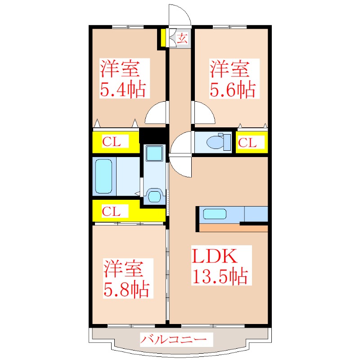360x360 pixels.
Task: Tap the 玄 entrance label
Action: pos(183,38)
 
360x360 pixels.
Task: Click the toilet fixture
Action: pos(218,142)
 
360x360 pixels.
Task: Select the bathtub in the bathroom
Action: pos(104,176)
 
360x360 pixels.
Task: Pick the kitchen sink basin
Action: pos(215,214)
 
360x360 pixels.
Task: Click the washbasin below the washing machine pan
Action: pos(154,196)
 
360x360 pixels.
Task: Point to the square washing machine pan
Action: pos(154,153)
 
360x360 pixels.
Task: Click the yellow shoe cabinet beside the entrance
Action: pos(163,38)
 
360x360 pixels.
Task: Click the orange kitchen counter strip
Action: pos(233,229)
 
